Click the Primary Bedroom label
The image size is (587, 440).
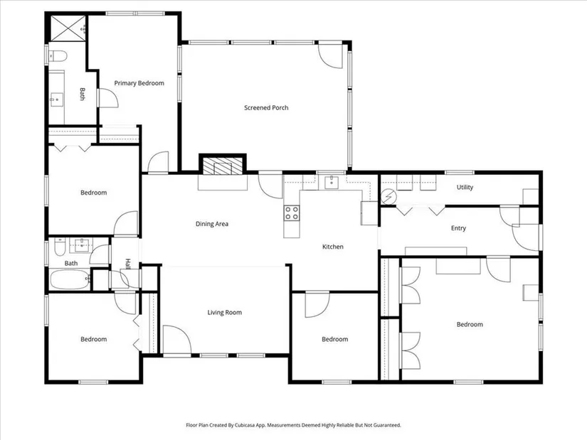click(139, 83)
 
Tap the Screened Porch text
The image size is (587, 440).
click(266, 108)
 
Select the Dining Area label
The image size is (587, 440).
click(212, 224)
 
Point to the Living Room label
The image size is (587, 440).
click(225, 313)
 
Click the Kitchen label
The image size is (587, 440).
click(333, 247)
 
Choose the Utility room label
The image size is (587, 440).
click(465, 187)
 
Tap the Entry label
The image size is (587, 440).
click(458, 228)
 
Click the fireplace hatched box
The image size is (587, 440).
click(223, 166)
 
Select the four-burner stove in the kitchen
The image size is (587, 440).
click(292, 213)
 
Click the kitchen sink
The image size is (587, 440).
click(332, 182)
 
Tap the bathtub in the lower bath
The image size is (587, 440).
click(70, 279)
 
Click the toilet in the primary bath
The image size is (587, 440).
click(58, 56)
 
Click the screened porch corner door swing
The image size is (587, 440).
click(330, 56)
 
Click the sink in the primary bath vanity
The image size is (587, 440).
click(56, 100)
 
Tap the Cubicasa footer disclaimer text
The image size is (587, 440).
click(293, 425)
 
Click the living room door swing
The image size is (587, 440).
click(176, 339)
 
